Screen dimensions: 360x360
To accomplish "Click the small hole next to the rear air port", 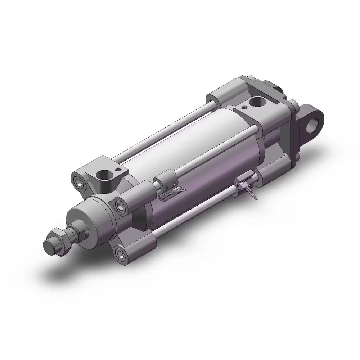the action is coord(244,107).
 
